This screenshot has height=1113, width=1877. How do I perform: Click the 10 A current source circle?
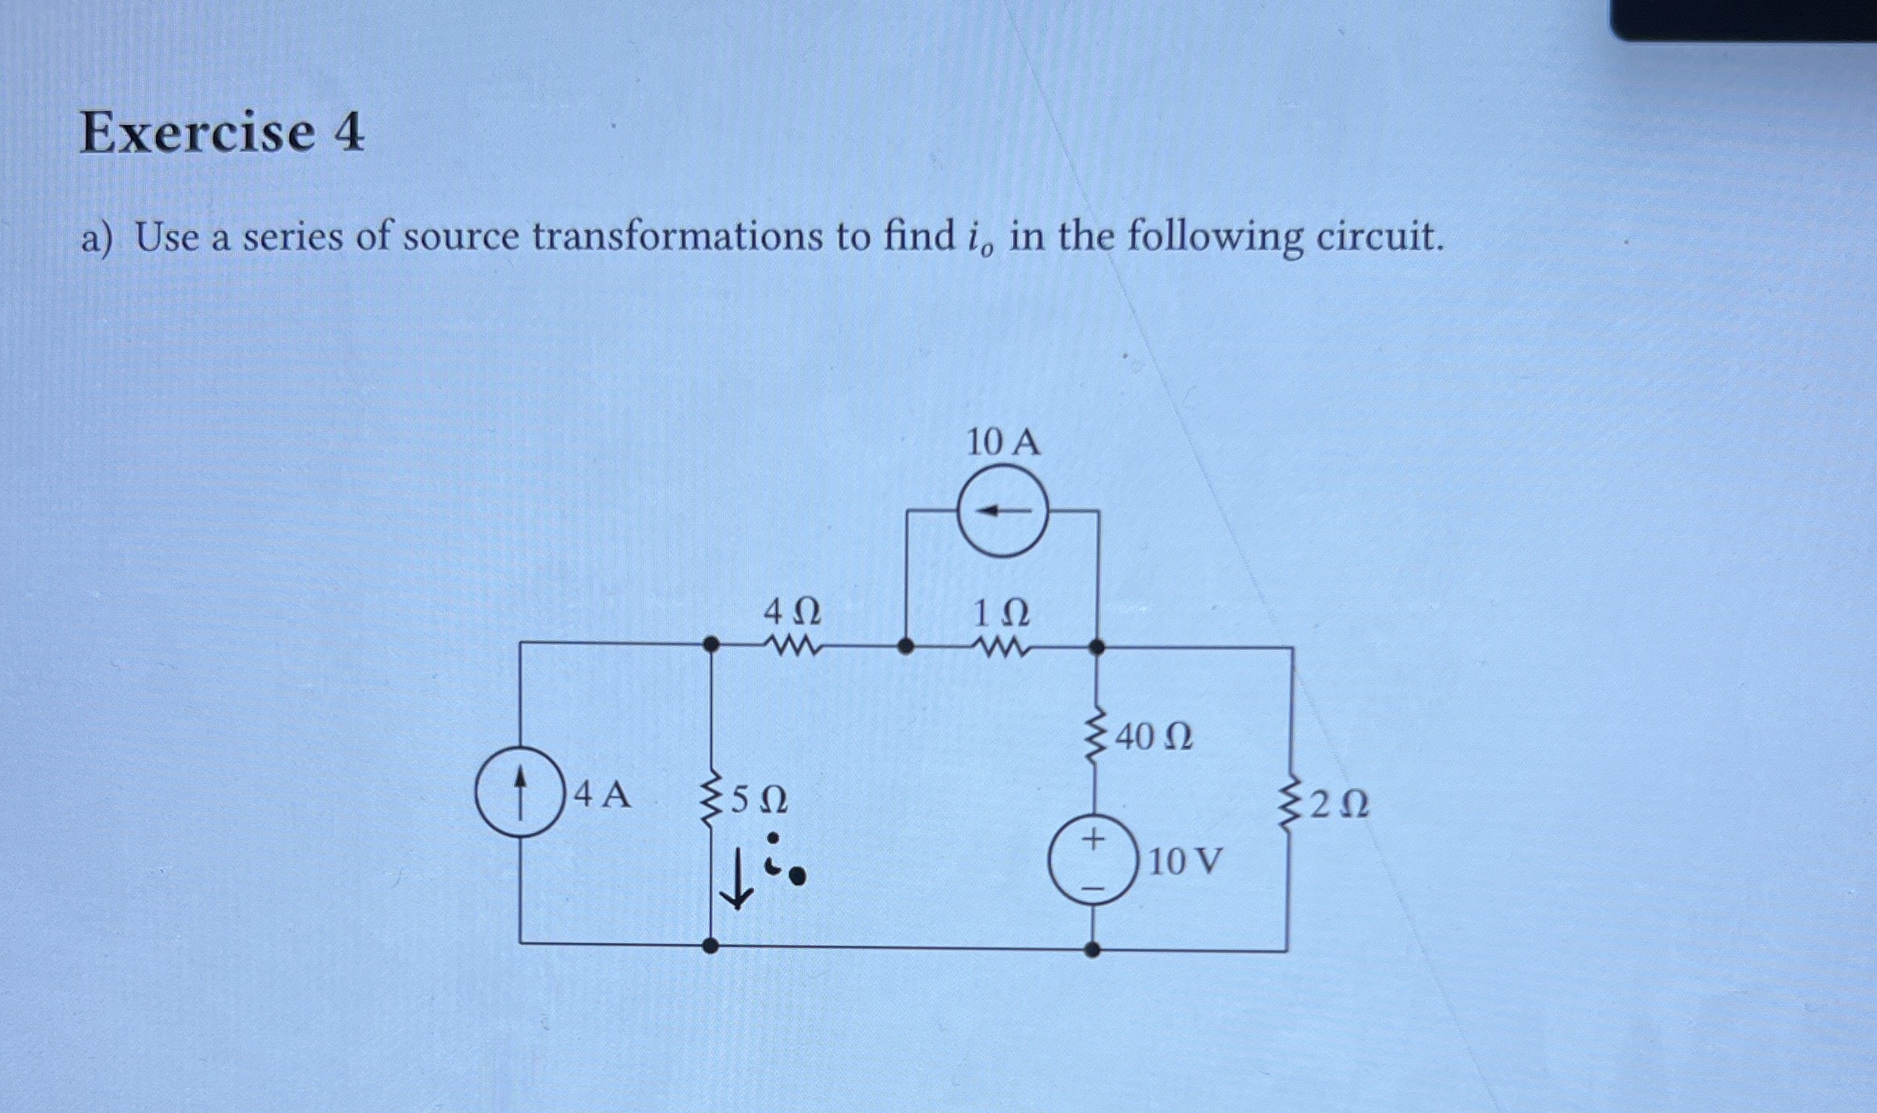(x=1003, y=511)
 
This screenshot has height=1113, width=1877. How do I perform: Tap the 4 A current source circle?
(x=521, y=791)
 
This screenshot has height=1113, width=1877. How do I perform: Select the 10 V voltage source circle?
(x=1093, y=860)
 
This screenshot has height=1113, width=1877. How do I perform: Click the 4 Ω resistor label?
(x=792, y=613)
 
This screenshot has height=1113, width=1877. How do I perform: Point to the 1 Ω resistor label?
(x=1001, y=614)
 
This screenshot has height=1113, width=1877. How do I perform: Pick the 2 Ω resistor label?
(x=1338, y=805)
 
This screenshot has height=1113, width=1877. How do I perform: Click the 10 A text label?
(x=1003, y=443)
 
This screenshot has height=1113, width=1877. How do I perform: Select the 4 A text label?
(x=601, y=795)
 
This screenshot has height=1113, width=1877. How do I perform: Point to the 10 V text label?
(x=1185, y=862)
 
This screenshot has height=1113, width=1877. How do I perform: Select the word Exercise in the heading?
(x=198, y=133)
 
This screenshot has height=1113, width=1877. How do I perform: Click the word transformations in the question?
(x=677, y=236)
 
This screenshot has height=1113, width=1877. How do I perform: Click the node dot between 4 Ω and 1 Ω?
(x=906, y=646)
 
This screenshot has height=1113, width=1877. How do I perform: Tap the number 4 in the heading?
(x=348, y=133)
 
